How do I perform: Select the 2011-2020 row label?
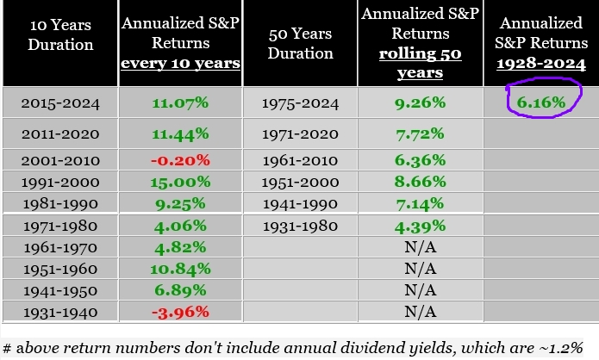point(63,134)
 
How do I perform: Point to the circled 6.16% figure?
point(541,103)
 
